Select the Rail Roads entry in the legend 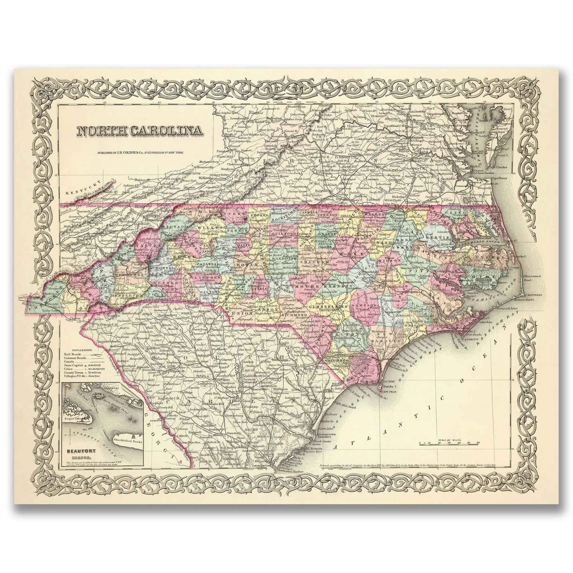73,354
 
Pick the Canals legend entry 69,362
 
